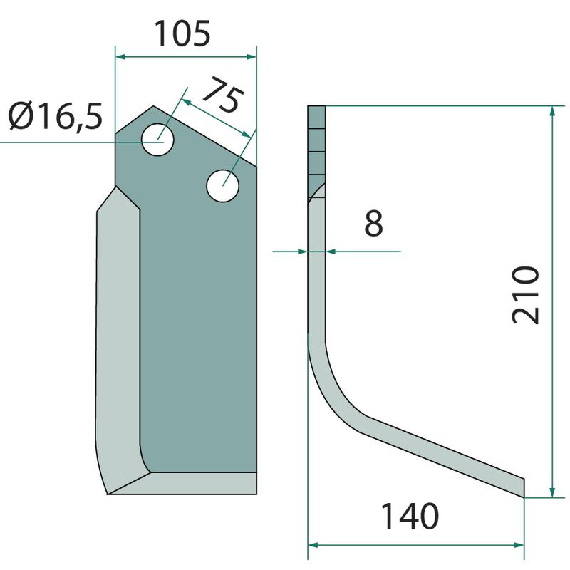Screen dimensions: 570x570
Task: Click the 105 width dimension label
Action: pyautogui.click(x=182, y=33)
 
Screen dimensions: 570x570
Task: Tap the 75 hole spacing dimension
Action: pyautogui.click(x=222, y=94)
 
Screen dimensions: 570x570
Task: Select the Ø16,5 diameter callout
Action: pyautogui.click(x=56, y=116)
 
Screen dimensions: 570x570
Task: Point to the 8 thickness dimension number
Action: pyautogui.click(x=373, y=223)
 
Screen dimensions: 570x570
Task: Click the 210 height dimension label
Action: pyautogui.click(x=525, y=294)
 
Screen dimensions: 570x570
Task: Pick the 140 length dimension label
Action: pyautogui.click(x=410, y=516)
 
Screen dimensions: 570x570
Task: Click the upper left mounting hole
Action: pyautogui.click(x=157, y=140)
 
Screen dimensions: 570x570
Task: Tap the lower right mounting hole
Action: pyautogui.click(x=222, y=186)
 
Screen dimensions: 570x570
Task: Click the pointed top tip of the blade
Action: pyautogui.click(x=153, y=105)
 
